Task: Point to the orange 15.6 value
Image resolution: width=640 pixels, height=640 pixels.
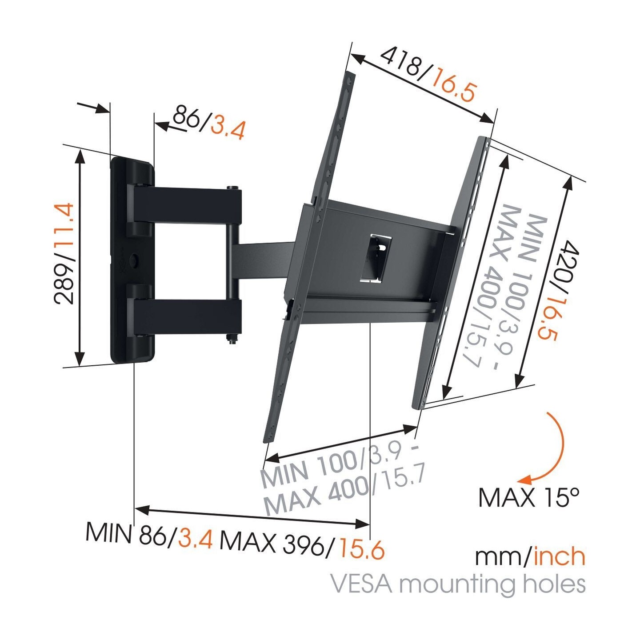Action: tap(361, 549)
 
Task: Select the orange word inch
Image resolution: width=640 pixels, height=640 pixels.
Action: tap(559, 556)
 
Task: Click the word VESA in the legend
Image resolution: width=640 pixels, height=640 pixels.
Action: tap(362, 584)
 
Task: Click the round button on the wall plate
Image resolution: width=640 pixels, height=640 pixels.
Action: tap(133, 259)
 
